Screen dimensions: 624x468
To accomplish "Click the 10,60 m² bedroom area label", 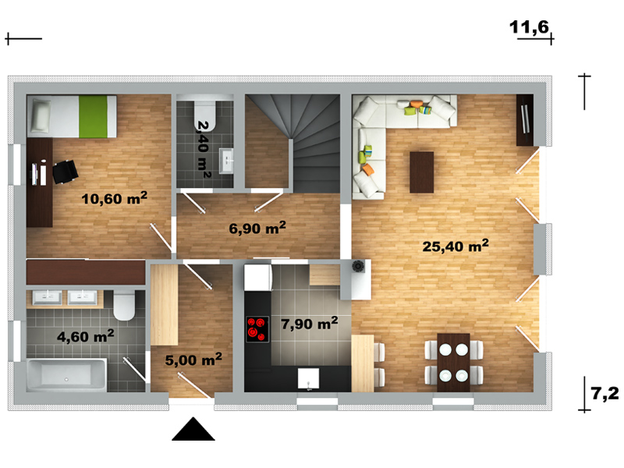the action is (x=114, y=198).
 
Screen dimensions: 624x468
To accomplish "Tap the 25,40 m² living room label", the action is (x=456, y=246).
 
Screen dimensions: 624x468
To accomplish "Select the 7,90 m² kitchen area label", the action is (x=309, y=323).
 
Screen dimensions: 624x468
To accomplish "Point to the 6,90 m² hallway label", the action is (x=257, y=228).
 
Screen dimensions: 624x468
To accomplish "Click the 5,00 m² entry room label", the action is (x=193, y=360).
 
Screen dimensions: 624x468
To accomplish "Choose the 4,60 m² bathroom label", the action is (x=85, y=336).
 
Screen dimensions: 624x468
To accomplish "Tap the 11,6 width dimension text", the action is (x=529, y=27).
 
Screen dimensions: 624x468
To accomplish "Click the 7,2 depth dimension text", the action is (x=605, y=393).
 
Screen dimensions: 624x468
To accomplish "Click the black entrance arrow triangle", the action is (x=193, y=429).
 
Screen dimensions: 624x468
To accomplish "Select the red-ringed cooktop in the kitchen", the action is (x=257, y=329).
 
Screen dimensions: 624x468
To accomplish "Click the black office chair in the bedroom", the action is (x=65, y=172).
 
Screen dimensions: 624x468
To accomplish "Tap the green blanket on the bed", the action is (x=93, y=116).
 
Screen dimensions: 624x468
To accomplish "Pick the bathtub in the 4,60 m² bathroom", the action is (x=66, y=375).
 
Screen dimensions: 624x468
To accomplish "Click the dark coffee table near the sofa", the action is (x=421, y=172).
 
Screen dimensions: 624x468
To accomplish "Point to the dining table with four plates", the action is (x=453, y=363).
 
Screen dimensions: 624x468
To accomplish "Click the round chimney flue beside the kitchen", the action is (x=358, y=266).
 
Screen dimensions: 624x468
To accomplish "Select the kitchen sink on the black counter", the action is (x=308, y=378).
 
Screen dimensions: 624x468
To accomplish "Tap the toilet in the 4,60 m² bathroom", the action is (x=124, y=305).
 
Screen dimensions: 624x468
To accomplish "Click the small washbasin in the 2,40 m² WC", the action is (x=226, y=161).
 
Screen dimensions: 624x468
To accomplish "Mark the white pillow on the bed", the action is (x=41, y=115).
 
